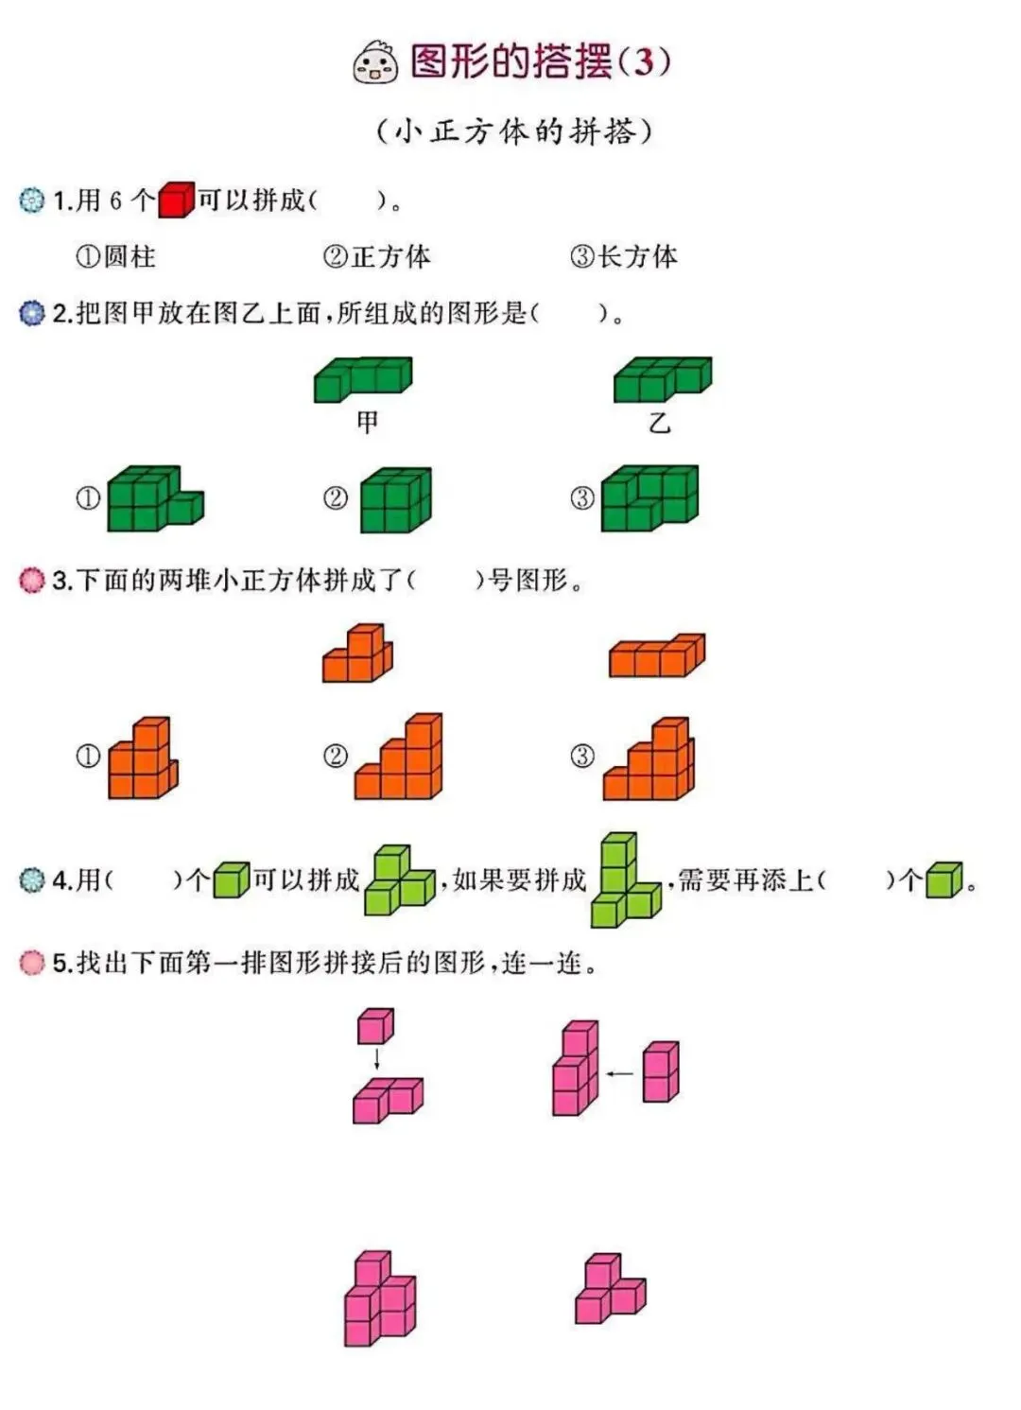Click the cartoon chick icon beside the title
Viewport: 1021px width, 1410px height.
point(375,62)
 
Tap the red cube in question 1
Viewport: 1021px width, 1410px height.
point(176,200)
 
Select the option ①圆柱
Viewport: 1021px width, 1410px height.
point(115,256)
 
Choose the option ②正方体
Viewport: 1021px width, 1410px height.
point(376,256)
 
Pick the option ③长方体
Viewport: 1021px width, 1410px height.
point(624,256)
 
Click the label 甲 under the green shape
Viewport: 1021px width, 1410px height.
point(367,422)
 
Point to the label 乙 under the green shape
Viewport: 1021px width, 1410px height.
point(659,423)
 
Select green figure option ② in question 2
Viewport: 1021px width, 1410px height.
point(395,499)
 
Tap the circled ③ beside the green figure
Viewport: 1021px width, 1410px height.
point(582,498)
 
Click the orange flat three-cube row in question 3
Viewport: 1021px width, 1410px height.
point(657,655)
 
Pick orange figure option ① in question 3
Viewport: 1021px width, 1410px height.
point(143,757)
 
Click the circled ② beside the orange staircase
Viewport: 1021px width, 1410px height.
point(336,756)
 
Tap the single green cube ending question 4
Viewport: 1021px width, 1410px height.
point(943,879)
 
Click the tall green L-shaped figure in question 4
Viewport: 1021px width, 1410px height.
point(623,879)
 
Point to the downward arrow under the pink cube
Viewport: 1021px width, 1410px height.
point(376,1057)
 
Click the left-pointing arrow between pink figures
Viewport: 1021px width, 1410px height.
point(619,1073)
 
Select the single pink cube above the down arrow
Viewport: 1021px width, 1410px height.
point(375,1026)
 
